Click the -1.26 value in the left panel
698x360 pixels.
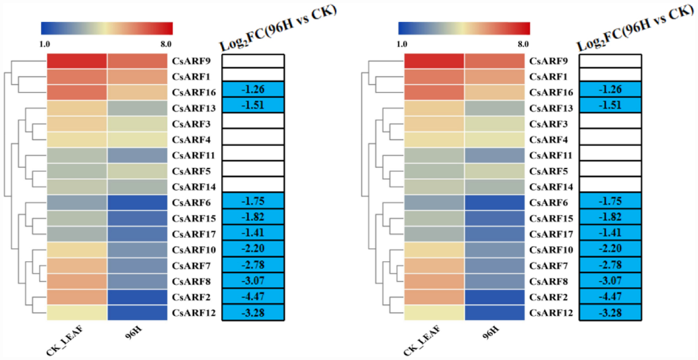click(253, 89)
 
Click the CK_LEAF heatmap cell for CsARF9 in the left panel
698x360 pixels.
click(77, 61)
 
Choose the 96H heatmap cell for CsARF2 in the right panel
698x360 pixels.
click(494, 297)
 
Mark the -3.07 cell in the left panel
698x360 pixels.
click(253, 282)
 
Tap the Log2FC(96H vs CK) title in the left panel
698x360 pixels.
click(278, 29)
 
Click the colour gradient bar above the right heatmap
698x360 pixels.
click(464, 28)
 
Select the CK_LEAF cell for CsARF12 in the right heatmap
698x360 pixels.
click(434, 313)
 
